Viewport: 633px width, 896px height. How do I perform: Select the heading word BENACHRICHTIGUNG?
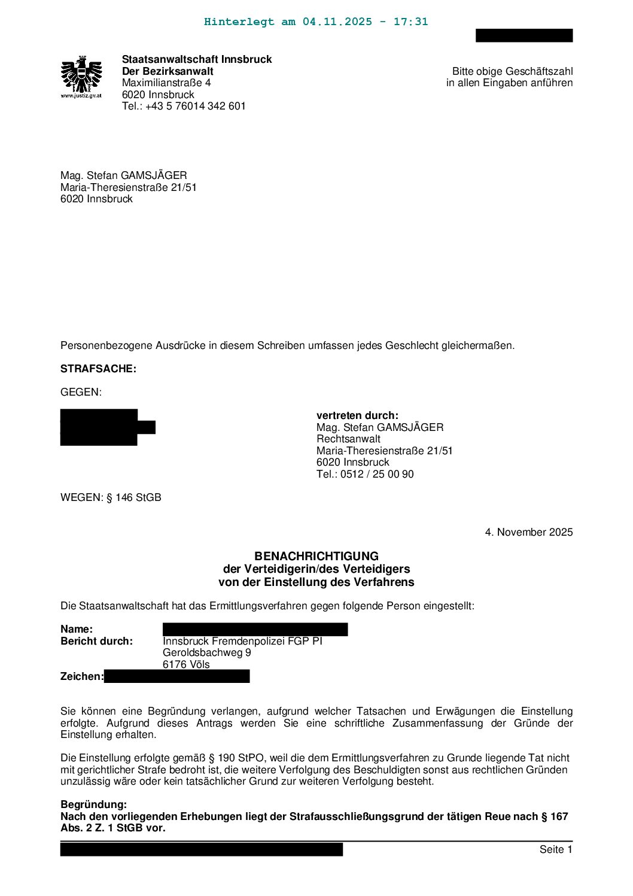click(x=316, y=556)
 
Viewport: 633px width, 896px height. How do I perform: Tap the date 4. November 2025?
click(x=528, y=532)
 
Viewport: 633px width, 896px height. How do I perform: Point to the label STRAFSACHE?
click(x=98, y=369)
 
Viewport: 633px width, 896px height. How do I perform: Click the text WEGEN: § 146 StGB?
click(x=111, y=497)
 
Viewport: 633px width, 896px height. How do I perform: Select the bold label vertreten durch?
click(x=357, y=415)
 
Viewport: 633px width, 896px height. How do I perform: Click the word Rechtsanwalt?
click(x=348, y=439)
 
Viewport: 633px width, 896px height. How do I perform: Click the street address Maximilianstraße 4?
click(x=166, y=83)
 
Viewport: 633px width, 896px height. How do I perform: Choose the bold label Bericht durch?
click(x=96, y=641)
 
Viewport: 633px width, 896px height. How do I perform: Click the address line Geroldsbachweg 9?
click(x=206, y=652)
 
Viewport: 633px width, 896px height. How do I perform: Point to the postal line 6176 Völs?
click(x=186, y=664)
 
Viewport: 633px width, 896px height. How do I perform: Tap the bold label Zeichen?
click(x=82, y=676)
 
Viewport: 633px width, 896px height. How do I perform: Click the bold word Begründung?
click(x=93, y=804)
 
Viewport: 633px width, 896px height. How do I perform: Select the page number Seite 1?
click(x=556, y=849)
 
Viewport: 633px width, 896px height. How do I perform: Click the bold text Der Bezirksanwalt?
click(x=168, y=71)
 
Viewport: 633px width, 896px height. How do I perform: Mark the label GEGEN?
click(x=81, y=392)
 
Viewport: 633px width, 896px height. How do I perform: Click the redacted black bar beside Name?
click(x=255, y=629)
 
